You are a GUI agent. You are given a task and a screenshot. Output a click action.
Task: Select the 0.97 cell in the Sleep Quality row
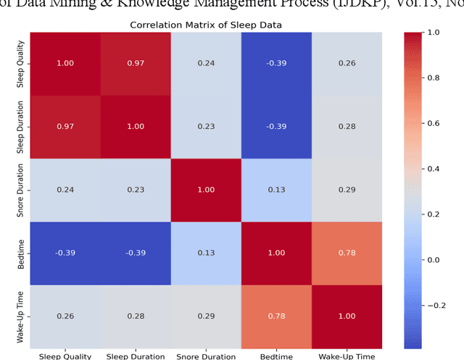click(136, 63)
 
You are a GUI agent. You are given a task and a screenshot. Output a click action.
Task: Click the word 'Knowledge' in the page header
click(162, 5)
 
